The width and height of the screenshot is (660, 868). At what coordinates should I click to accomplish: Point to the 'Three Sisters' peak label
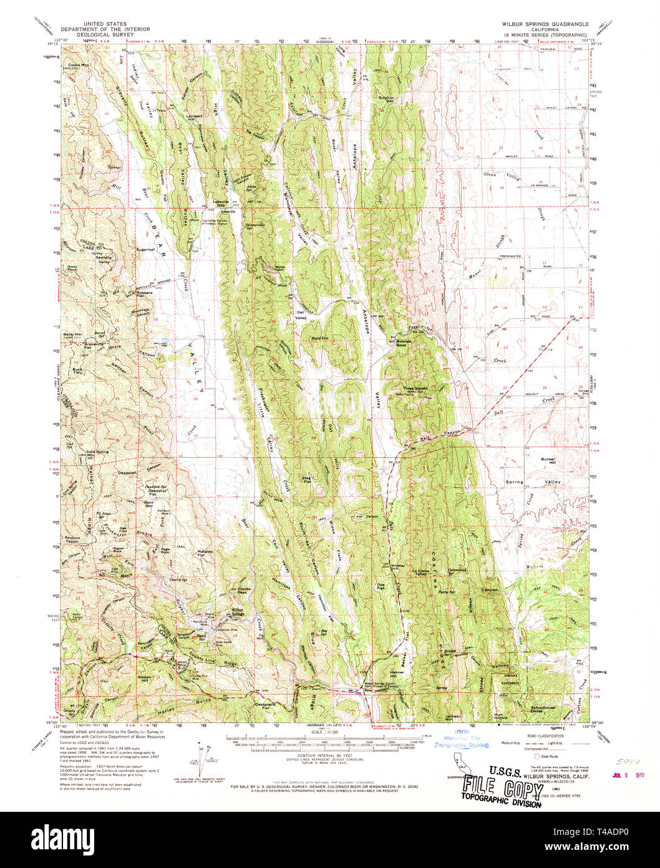click(x=418, y=388)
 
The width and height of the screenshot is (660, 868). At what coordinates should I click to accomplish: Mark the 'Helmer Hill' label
click(x=397, y=674)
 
